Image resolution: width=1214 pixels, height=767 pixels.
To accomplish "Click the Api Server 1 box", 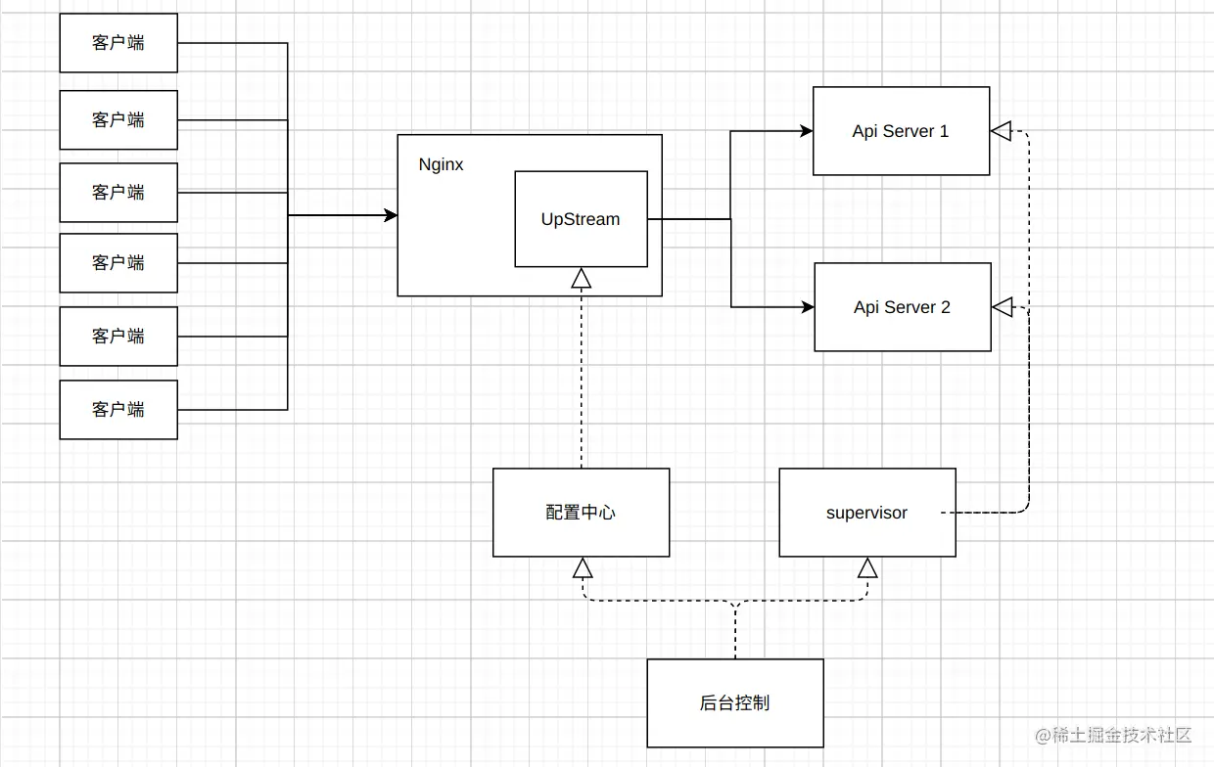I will click(x=901, y=131).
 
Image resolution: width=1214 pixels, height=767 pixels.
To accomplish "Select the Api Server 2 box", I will click(x=902, y=307).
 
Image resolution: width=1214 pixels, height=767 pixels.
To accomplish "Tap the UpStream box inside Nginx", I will click(x=581, y=219).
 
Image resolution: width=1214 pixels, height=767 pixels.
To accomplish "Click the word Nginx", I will click(x=441, y=164).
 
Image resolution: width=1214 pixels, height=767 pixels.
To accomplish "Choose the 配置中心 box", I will click(x=581, y=513).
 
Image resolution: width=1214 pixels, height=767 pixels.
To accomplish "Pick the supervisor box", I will click(x=866, y=513).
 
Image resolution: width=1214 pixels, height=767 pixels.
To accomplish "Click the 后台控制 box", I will click(x=734, y=702).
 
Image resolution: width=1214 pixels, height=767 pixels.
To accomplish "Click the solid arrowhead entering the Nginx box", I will click(x=390, y=215).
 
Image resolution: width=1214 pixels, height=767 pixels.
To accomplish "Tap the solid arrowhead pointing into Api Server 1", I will click(x=807, y=131).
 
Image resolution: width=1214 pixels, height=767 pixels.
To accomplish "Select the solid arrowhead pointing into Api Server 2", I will click(x=808, y=307).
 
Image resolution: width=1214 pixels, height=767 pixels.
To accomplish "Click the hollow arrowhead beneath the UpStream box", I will click(x=582, y=279).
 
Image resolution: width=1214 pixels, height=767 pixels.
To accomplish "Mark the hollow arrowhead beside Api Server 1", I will click(x=1001, y=131).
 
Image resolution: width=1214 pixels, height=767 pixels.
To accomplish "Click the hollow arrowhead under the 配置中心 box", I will click(x=583, y=568).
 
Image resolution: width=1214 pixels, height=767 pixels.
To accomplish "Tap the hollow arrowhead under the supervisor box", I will click(x=867, y=568).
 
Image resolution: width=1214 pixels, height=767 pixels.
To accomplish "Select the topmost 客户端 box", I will click(x=118, y=43).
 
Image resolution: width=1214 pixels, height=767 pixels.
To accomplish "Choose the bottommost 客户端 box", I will click(x=118, y=409).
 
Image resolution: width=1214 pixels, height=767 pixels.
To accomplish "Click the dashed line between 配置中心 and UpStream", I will click(x=582, y=382).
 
